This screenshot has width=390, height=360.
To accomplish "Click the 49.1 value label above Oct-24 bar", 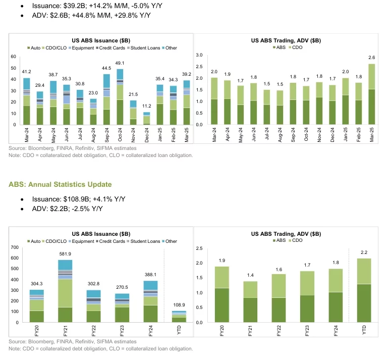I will point(120,63).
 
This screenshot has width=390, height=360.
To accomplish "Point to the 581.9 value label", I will point(65,253).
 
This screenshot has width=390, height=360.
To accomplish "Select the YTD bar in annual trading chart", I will point(364,290).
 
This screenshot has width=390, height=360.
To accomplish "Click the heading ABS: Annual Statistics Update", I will point(60,184).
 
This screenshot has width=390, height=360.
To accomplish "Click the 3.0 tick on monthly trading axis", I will point(199,55).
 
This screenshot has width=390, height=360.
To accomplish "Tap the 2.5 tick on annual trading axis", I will point(199,247).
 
